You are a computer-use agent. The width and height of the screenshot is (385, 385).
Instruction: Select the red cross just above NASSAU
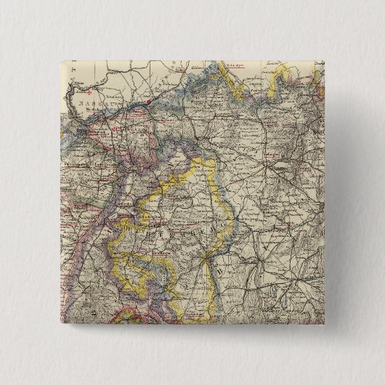pyautogui.click(x=87, y=93)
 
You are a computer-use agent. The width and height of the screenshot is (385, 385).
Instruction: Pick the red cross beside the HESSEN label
pyautogui.click(x=115, y=130)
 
